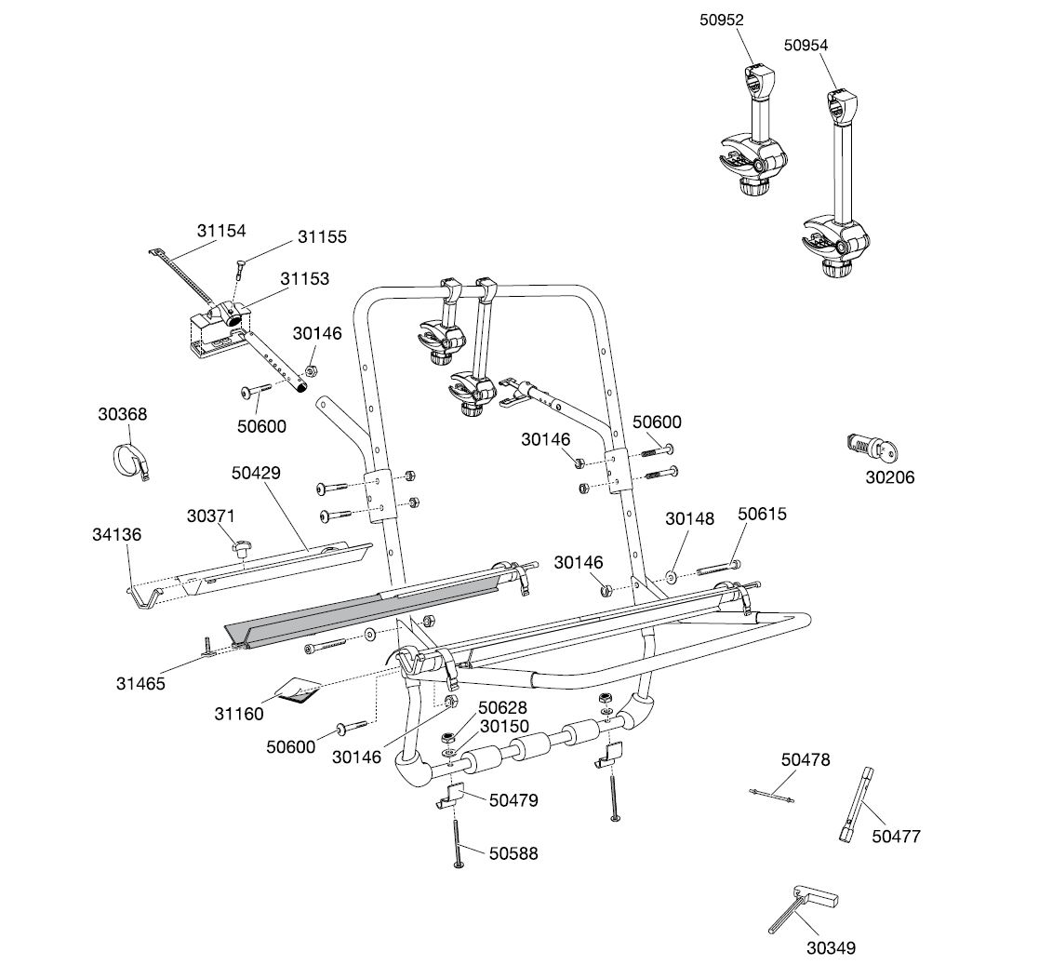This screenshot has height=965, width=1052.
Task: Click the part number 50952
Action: pos(722,19)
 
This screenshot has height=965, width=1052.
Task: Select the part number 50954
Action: pos(806,44)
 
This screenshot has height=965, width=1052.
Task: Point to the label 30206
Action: pos(889,477)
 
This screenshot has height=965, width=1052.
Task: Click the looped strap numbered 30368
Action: pos(131,462)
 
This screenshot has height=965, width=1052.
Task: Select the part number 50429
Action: pos(256,472)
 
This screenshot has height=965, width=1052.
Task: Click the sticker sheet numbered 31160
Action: pos(296,691)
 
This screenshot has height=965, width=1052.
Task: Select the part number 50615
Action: pos(762,513)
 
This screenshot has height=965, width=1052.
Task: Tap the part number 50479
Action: pos(513,799)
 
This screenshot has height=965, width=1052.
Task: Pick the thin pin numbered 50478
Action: pos(772,794)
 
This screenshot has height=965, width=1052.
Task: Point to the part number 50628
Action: pos(503,708)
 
